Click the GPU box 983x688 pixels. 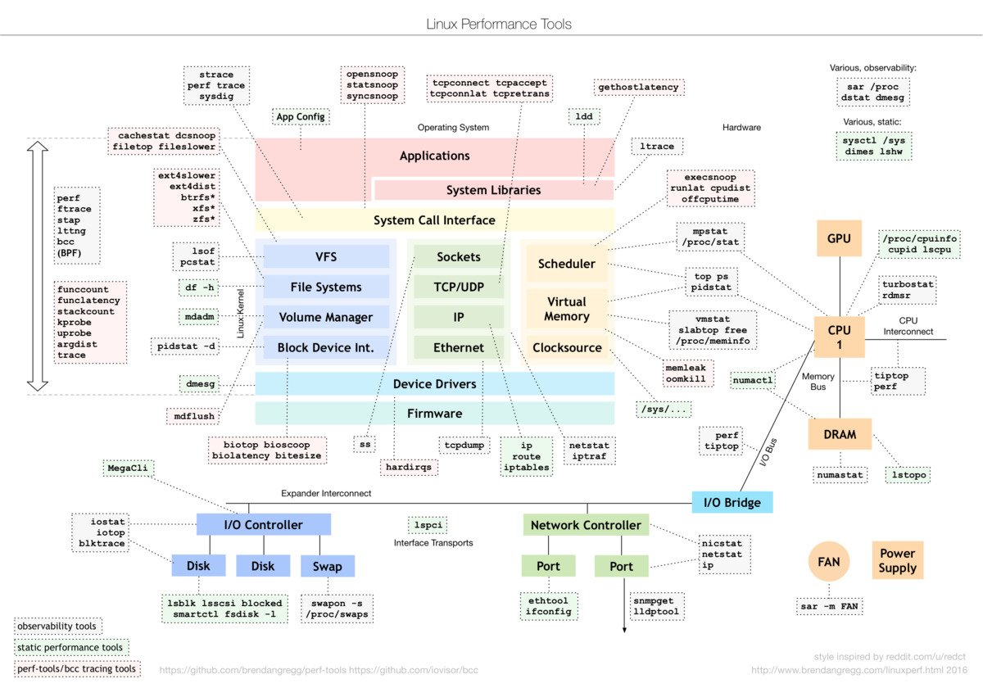840,239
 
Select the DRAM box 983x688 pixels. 840,434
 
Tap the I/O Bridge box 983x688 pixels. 732,502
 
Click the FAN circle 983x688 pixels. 828,563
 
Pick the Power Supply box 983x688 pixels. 897,560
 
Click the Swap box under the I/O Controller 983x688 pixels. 327,566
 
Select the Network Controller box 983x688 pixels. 586,525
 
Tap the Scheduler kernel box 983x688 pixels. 567,264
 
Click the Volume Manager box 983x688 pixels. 325,317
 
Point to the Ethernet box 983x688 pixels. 459,347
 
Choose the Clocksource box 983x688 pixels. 567,347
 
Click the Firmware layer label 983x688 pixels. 435,414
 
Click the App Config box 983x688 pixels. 301,116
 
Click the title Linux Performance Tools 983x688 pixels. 499,24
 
